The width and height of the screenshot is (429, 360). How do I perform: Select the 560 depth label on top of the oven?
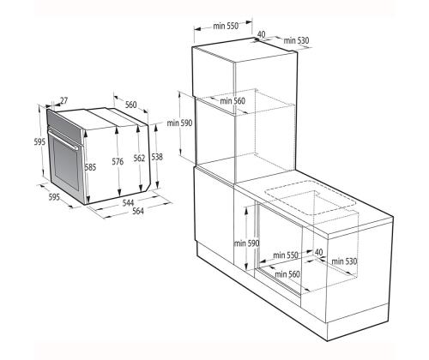pyautogui.click(x=131, y=105)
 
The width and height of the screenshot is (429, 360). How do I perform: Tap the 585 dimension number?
pyautogui.click(x=90, y=167)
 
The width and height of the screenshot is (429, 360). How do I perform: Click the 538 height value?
pyautogui.click(x=157, y=157)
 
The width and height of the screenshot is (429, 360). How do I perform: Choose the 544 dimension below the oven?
pyautogui.click(x=126, y=203)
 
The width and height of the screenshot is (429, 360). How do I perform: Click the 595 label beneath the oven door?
pyautogui.click(x=53, y=198)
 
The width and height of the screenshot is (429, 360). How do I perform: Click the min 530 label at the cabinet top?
pyautogui.click(x=295, y=40)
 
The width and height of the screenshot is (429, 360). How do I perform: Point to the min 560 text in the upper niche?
pyautogui.click(x=233, y=101)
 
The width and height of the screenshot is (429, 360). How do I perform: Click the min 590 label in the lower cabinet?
pyautogui.click(x=247, y=243)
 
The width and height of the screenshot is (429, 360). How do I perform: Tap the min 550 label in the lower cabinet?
pyautogui.click(x=285, y=255)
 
